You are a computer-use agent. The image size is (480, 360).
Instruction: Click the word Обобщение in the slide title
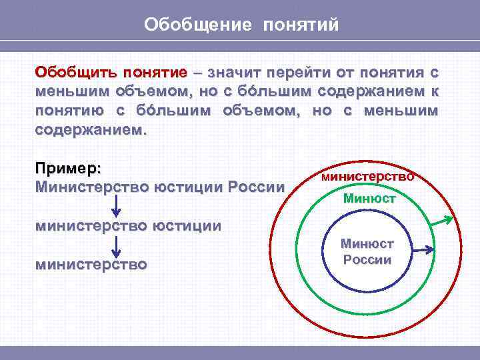pos(198,25)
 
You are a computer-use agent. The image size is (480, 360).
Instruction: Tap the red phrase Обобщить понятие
pos(111,72)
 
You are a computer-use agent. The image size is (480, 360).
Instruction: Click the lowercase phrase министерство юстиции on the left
pos(128,225)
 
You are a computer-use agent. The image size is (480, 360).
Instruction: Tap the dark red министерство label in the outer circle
pos(367,177)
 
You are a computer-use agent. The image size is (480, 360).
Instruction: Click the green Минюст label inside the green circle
pos(369,198)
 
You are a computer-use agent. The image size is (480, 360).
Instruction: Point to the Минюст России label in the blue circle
pos(367,252)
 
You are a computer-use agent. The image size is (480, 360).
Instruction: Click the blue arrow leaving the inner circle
pos(423,250)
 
